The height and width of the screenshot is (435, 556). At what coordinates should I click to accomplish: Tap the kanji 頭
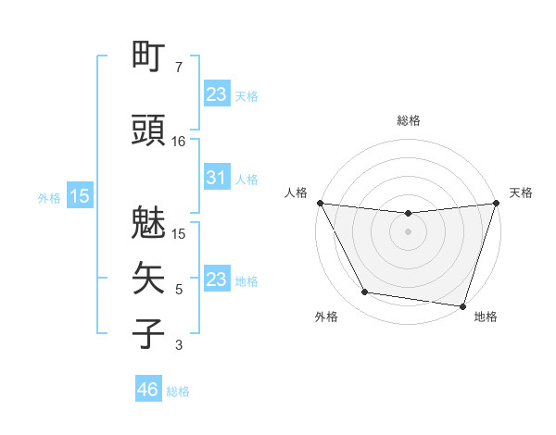pos(149,131)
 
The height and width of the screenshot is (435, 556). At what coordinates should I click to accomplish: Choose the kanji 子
pos(149,333)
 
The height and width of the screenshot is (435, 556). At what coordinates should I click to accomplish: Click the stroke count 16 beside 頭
pos(179,142)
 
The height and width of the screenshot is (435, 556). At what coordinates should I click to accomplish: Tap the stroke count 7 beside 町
pos(179,68)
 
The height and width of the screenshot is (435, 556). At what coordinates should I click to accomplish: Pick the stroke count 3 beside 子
pos(179,345)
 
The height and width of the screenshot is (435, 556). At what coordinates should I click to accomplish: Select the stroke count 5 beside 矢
pos(179,290)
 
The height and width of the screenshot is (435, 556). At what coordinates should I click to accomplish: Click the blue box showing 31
pos(216,178)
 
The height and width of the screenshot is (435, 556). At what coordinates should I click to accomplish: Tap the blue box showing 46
pos(148,390)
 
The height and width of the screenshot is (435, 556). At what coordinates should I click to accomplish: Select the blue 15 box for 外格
pos(80,196)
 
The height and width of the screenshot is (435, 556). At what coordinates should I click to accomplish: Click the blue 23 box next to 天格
pos(216,93)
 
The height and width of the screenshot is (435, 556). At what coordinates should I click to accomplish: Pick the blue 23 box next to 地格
pos(216,280)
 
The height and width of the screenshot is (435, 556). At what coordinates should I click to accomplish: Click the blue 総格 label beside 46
pos(178,391)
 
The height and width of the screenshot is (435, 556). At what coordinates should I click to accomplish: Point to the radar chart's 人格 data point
pos(320,203)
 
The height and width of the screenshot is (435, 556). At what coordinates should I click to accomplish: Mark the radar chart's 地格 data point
pos(462,305)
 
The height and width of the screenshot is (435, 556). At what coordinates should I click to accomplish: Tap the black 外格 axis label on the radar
pos(326,317)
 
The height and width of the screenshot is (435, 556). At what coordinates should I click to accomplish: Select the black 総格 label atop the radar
pos(408,120)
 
